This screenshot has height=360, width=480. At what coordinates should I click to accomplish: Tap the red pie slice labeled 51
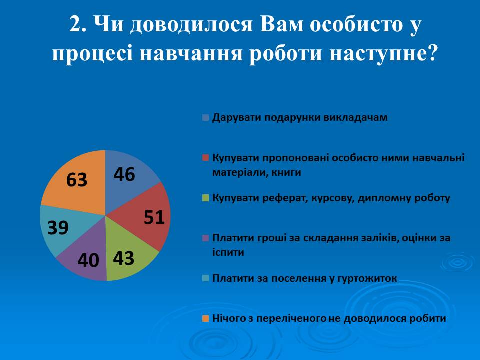pos(150,217)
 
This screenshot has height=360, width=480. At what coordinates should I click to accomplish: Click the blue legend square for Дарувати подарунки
pos(205,118)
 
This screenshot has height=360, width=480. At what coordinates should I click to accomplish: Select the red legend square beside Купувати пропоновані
pos(205,158)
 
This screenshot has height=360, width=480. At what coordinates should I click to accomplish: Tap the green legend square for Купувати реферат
pos(205,198)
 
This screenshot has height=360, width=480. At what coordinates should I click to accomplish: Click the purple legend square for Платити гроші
pos(205,238)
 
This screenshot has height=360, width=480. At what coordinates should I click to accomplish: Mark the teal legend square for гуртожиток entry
pos(205,278)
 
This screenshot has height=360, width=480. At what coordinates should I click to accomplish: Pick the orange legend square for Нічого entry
pos(205,318)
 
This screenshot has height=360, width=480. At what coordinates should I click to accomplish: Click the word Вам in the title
pos(273,25)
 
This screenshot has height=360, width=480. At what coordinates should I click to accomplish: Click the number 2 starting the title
pos(76,25)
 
